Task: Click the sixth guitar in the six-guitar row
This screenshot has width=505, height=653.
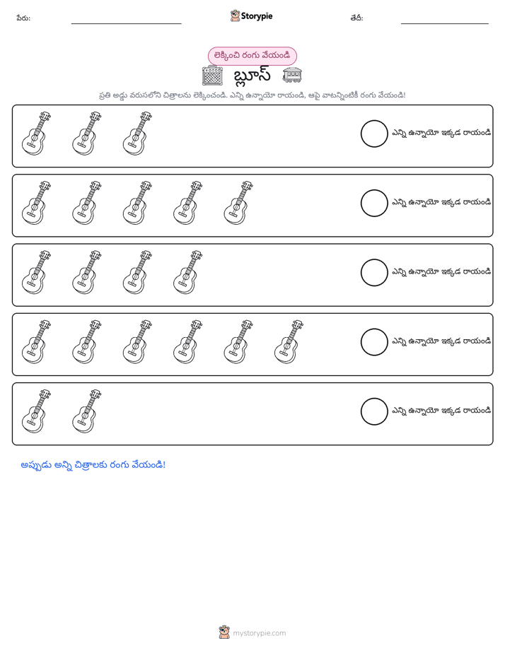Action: pos(289,342)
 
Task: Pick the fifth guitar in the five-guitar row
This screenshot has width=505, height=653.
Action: pos(238,204)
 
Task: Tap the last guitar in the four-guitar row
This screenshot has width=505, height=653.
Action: pos(187,272)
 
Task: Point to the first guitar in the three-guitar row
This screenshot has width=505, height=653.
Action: pos(36,134)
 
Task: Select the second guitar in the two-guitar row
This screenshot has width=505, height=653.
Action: pos(87,411)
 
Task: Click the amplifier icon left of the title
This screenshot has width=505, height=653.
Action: pos(212,76)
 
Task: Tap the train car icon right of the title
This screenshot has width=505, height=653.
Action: pos(291,75)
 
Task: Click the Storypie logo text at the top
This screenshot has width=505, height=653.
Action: pos(256,16)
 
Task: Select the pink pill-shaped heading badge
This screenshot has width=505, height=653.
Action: pos(252,56)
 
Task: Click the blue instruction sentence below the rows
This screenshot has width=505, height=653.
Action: pos(93,465)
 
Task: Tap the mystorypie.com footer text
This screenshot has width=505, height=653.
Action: pos(259,633)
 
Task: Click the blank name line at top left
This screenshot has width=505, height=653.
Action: pos(126,23)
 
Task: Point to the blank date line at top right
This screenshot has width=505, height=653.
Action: pos(445,23)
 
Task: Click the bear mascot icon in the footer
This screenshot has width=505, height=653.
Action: pos(224,633)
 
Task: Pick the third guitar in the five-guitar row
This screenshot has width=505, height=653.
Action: pos(137,204)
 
